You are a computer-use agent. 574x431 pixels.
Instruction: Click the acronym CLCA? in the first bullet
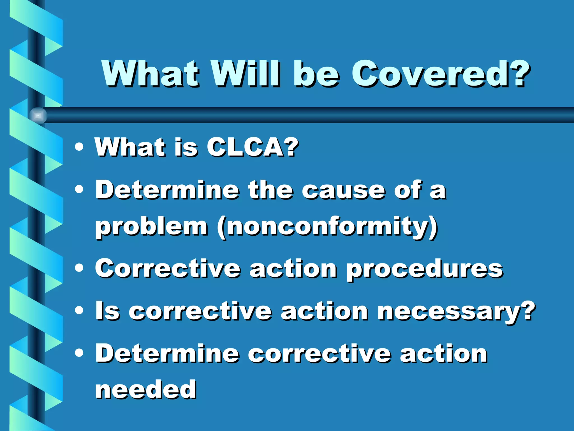(252, 147)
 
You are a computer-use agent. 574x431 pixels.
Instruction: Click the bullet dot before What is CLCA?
(79, 147)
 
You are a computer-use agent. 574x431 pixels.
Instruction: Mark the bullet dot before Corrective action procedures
(79, 268)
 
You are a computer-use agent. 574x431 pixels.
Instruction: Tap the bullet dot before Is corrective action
(79, 310)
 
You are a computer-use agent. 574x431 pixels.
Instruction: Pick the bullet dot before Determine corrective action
(79, 354)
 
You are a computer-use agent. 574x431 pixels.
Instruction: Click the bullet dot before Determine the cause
(79, 190)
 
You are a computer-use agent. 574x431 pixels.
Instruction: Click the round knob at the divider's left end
(38, 115)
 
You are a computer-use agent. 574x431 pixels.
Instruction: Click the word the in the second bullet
(270, 190)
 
